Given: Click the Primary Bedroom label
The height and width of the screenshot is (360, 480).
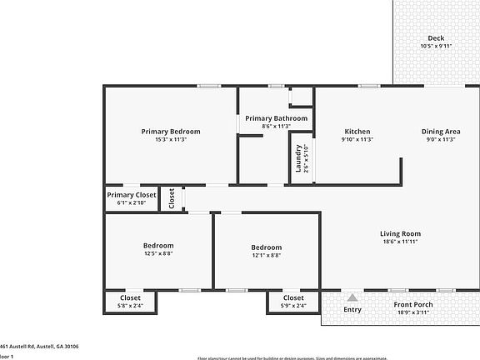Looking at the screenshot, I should click(x=170, y=131).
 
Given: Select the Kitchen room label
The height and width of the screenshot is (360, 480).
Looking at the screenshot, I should click(x=357, y=131).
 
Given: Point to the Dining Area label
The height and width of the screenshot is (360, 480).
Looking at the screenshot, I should click(x=441, y=131).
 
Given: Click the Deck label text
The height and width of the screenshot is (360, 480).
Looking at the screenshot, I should click(x=436, y=37).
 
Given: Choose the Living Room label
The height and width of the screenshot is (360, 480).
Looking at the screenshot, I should click(x=400, y=233).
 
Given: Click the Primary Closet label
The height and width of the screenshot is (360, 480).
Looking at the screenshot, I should click(x=131, y=194).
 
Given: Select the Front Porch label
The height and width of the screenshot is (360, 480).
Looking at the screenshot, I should click(x=412, y=304).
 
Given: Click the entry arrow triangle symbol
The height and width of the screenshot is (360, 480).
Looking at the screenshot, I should click(x=353, y=296).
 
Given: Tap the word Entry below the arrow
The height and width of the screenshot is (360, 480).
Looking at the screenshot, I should click(x=353, y=310).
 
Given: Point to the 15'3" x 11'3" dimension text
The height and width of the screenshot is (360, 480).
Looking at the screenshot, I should click(x=170, y=140).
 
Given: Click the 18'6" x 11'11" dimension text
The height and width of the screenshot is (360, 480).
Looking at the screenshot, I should click(x=400, y=242).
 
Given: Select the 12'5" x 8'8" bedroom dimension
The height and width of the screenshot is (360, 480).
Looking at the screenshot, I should click(x=157, y=254).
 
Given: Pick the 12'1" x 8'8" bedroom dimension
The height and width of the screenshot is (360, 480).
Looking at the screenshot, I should click(x=267, y=256).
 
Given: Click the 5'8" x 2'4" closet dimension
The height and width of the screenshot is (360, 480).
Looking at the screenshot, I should click(x=130, y=306).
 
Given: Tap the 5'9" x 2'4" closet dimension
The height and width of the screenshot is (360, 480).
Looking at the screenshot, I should click(x=293, y=306).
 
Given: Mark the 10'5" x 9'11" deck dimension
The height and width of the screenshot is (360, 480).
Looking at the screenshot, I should click(x=436, y=47).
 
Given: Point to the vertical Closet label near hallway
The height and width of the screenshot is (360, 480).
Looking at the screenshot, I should click(x=172, y=198).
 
